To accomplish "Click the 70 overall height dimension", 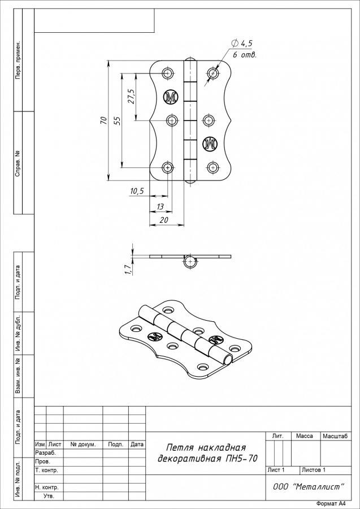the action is pyautogui.click(x=103, y=120).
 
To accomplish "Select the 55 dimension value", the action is pyautogui.click(x=118, y=120).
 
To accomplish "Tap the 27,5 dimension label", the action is pyautogui.click(x=131, y=96).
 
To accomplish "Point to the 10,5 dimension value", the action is pyautogui.click(x=137, y=191).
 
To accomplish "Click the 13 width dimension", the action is pyautogui.click(x=160, y=206).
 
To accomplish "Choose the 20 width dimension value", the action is pyautogui.click(x=164, y=220).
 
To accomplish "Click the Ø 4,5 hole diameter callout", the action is pyautogui.click(x=242, y=43).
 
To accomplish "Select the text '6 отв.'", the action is pyautogui.click(x=245, y=55).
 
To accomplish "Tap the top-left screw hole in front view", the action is pyautogui.click(x=168, y=73).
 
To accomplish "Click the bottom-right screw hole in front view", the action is pyautogui.click(x=212, y=167).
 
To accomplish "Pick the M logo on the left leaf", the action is pyautogui.click(x=171, y=97).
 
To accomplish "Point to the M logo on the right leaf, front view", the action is pyautogui.click(x=210, y=144).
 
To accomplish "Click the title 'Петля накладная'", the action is pyautogui.click(x=206, y=448).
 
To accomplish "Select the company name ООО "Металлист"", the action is pyautogui.click(x=309, y=486).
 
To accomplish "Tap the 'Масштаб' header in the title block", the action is pyautogui.click(x=335, y=436).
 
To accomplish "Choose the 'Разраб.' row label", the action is pyautogui.click(x=45, y=453).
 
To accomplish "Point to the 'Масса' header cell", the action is pyautogui.click(x=305, y=436).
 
